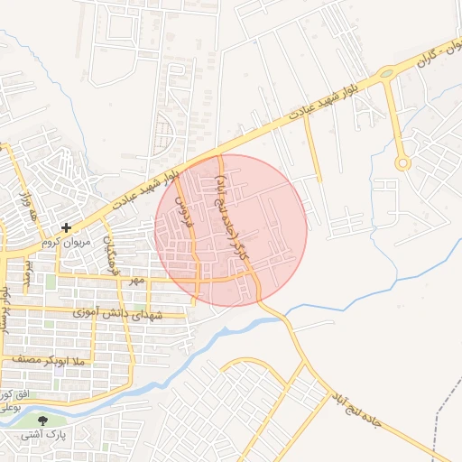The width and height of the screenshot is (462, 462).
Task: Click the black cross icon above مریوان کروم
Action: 66,227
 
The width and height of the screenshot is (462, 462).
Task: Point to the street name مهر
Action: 135,282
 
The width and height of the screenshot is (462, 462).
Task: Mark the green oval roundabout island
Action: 386,73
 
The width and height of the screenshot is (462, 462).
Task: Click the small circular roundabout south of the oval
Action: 402,163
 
